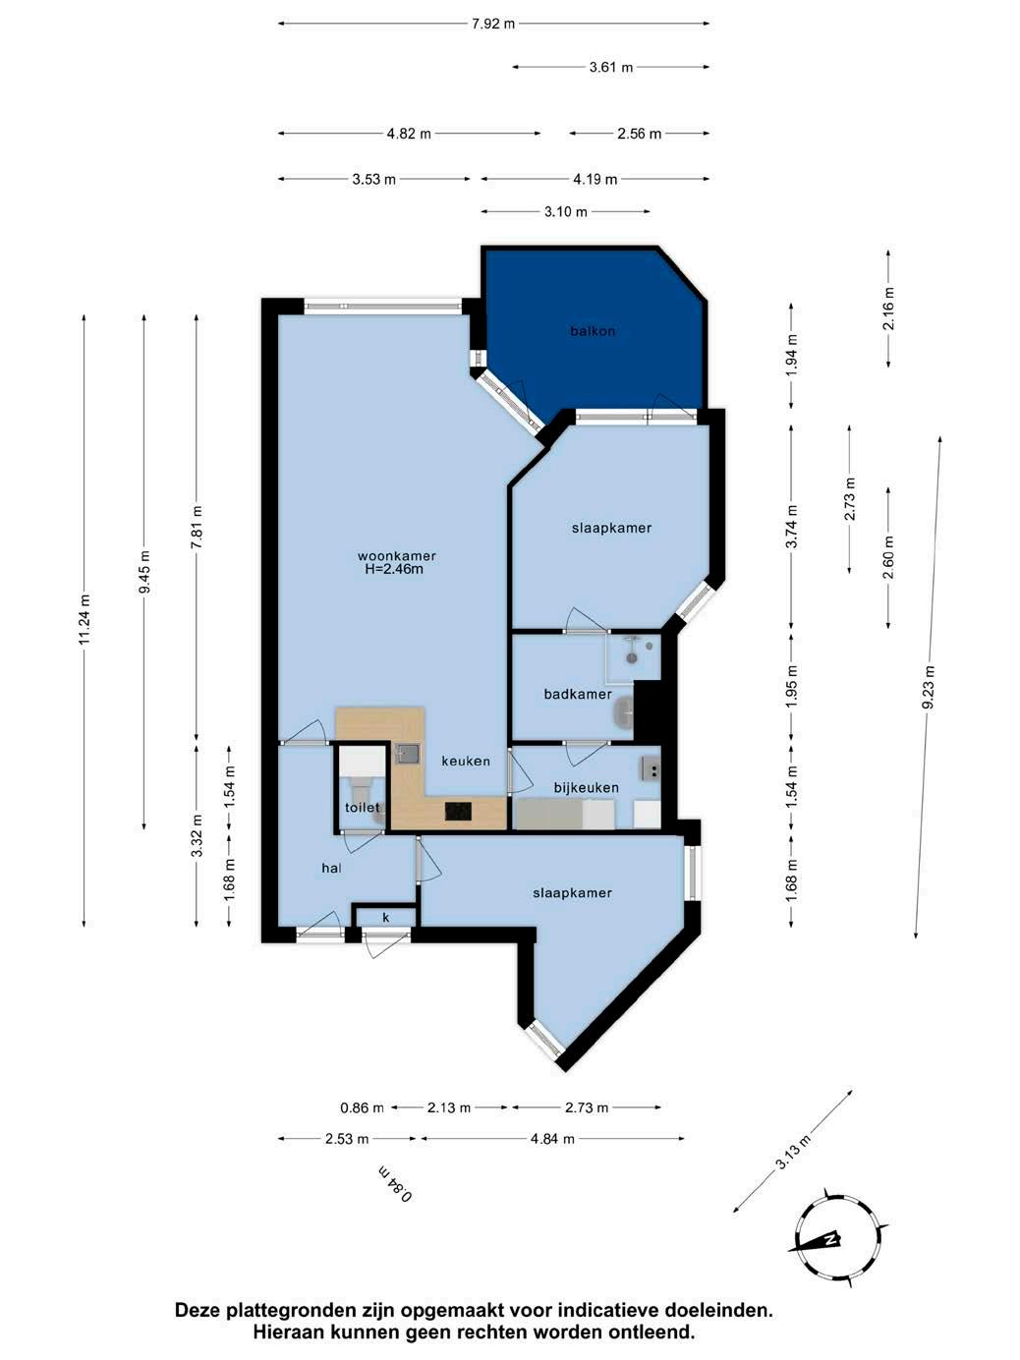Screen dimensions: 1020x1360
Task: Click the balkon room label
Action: (593, 331)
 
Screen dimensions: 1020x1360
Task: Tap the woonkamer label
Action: (396, 556)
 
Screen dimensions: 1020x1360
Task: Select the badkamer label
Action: (578, 694)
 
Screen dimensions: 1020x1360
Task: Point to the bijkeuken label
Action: (586, 787)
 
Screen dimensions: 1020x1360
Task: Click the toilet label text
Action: (363, 808)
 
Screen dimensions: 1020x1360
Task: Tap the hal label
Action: (331, 868)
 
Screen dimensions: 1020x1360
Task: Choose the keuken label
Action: (466, 761)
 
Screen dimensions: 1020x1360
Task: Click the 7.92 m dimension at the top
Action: (493, 25)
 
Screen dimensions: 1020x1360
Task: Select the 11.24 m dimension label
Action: (85, 620)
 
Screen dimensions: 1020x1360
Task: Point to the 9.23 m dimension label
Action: (929, 688)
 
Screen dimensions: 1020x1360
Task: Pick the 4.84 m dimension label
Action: (552, 1139)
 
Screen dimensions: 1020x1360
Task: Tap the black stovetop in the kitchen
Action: (458, 811)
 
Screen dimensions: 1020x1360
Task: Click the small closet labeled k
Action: (385, 918)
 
